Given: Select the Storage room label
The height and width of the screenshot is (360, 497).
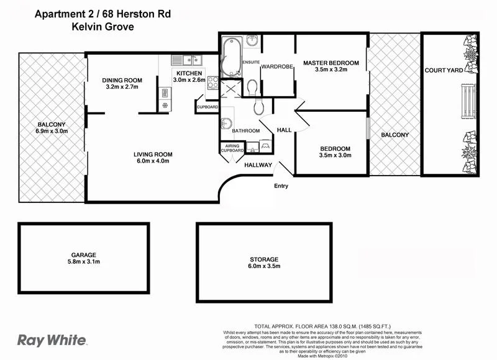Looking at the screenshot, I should (265, 259).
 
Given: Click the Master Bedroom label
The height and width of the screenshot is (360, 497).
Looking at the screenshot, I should (331, 63).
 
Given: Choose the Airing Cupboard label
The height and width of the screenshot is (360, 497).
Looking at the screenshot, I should (232, 148).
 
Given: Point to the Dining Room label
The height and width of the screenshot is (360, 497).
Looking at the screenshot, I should (122, 80).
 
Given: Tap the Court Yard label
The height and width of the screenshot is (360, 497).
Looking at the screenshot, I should (443, 71).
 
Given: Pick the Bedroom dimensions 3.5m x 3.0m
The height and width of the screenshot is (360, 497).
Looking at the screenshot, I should (335, 156).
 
